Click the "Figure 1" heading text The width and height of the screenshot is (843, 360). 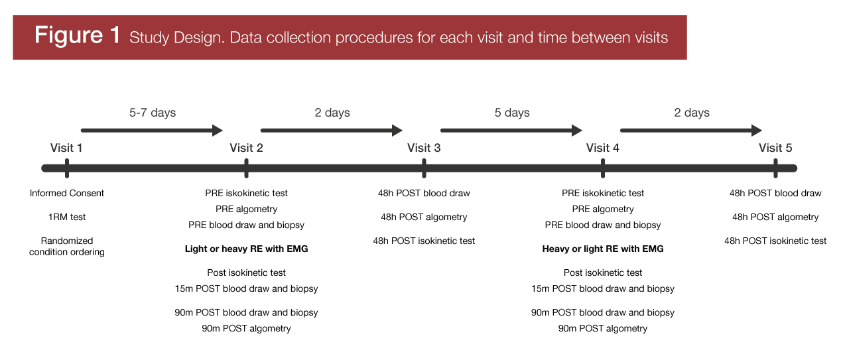[x=77, y=35]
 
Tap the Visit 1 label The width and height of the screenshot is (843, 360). [x=66, y=148]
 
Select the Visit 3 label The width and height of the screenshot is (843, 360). [x=424, y=148]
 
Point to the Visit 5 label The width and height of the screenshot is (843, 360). [x=775, y=148]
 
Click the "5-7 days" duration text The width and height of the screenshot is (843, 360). [x=153, y=113]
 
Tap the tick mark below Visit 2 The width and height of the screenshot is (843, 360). [x=246, y=168]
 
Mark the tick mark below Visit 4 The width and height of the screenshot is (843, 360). [x=603, y=168]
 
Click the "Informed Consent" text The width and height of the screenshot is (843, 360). [x=67, y=194]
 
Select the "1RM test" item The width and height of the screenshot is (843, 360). [x=67, y=217]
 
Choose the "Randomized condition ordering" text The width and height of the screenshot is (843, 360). [x=67, y=247]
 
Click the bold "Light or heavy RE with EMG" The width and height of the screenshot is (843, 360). [x=246, y=249]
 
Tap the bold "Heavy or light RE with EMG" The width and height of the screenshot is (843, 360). [x=603, y=249]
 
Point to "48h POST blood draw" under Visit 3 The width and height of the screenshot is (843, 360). [x=424, y=194]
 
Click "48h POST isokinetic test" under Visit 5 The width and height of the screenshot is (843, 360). [x=775, y=241]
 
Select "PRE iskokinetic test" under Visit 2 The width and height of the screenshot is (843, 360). [x=246, y=194]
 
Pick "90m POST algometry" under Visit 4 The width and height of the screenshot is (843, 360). [x=603, y=328]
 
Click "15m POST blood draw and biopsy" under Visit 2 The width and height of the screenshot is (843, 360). [x=246, y=288]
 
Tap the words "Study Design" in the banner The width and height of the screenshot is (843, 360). [x=175, y=38]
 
